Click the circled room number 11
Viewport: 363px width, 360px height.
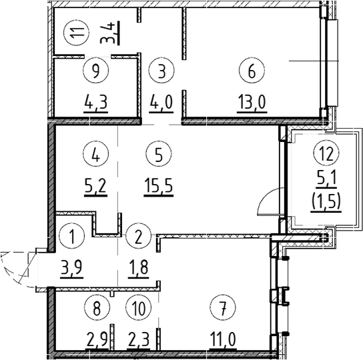(77, 32)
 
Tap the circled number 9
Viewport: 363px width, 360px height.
(96, 70)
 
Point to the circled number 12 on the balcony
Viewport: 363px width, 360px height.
(326, 153)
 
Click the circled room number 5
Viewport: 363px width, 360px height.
(159, 154)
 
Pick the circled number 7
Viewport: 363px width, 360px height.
(223, 308)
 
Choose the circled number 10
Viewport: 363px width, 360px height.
(138, 308)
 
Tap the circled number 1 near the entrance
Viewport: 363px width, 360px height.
(72, 236)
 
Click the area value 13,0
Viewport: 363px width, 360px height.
(252, 102)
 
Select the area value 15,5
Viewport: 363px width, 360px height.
(159, 185)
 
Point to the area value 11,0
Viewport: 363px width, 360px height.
(223, 339)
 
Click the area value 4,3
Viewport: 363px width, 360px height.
(96, 102)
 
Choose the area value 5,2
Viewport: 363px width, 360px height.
(95, 185)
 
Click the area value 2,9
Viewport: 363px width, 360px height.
(97, 339)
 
